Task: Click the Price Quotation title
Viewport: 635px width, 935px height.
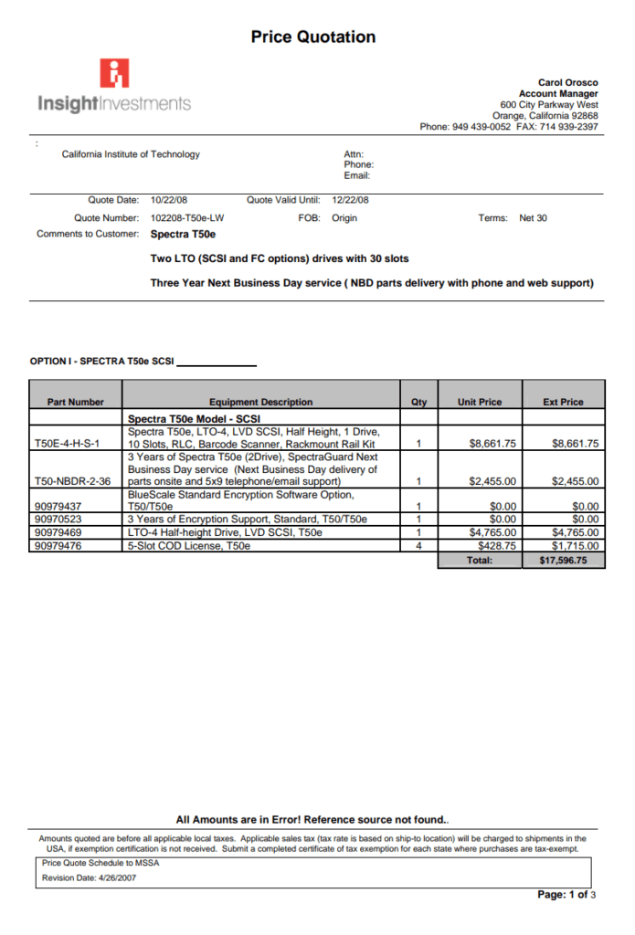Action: coord(313,37)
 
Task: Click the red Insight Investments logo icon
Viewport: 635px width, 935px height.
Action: coord(115,73)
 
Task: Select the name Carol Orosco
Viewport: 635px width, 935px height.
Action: coord(567,83)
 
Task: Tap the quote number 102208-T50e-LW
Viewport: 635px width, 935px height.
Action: coord(186,218)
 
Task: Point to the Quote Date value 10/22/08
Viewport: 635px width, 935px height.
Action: coord(169,199)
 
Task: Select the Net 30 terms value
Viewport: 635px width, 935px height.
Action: coord(533,218)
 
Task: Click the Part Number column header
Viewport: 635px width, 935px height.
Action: coord(76,402)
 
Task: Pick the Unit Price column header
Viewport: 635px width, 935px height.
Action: coord(480,402)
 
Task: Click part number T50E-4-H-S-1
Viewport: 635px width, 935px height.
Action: coord(67,444)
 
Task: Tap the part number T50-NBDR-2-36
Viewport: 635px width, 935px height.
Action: coord(72,481)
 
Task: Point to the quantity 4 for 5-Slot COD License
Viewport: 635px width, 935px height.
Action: coord(418,546)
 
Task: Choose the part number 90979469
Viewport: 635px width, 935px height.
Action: coord(58,532)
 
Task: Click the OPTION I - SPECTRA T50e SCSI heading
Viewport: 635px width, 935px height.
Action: coord(101,362)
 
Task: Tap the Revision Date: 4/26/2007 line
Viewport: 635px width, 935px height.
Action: coord(90,878)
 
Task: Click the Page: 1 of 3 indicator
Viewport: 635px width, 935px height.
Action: coord(566,895)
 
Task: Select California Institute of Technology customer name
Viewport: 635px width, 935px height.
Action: coord(131,154)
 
